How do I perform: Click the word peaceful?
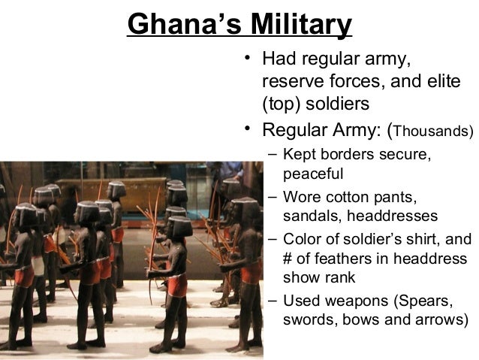[x=313, y=174]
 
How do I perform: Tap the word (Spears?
[x=426, y=301]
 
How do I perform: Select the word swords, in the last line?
[x=309, y=320]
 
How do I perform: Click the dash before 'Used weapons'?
[x=272, y=301]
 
